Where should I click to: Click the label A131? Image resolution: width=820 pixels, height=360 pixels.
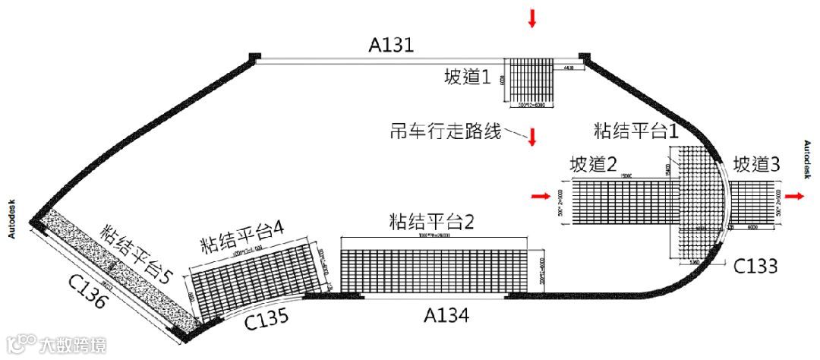pos(391,46)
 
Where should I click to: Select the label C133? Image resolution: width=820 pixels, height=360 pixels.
pos(755,266)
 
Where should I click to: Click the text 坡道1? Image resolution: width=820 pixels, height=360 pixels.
pos(468,77)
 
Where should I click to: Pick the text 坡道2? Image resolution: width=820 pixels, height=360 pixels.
pos(592,164)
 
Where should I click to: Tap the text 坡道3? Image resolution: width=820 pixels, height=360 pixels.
pos(756,163)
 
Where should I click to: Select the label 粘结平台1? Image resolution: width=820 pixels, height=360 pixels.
pos(637,128)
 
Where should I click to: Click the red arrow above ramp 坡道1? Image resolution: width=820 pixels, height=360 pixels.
pos(532,19)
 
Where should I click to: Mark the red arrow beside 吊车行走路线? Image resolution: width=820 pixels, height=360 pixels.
pos(532,137)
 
